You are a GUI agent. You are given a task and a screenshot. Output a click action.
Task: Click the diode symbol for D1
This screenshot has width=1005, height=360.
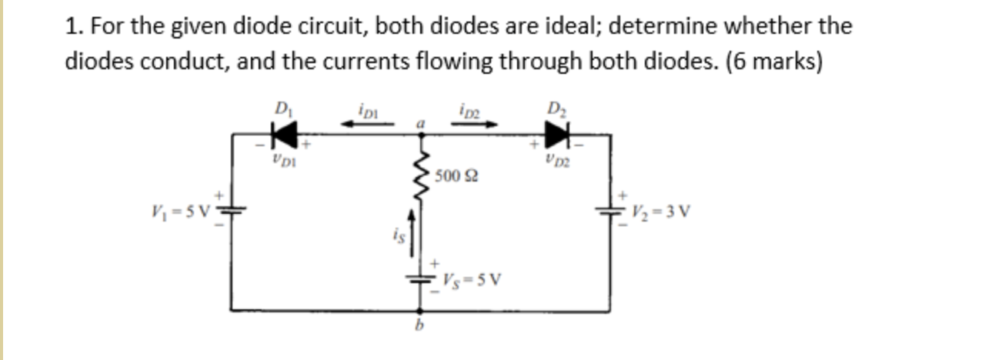tap(285, 135)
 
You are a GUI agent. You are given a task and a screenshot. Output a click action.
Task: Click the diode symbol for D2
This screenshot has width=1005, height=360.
tap(556, 135)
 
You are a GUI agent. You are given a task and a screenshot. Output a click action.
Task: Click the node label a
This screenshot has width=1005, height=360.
tap(421, 122)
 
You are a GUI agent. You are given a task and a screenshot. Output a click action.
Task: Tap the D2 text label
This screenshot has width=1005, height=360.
tap(556, 107)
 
